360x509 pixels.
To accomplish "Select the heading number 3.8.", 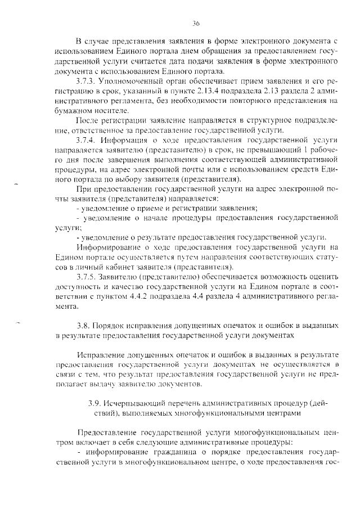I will pos(83,326).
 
